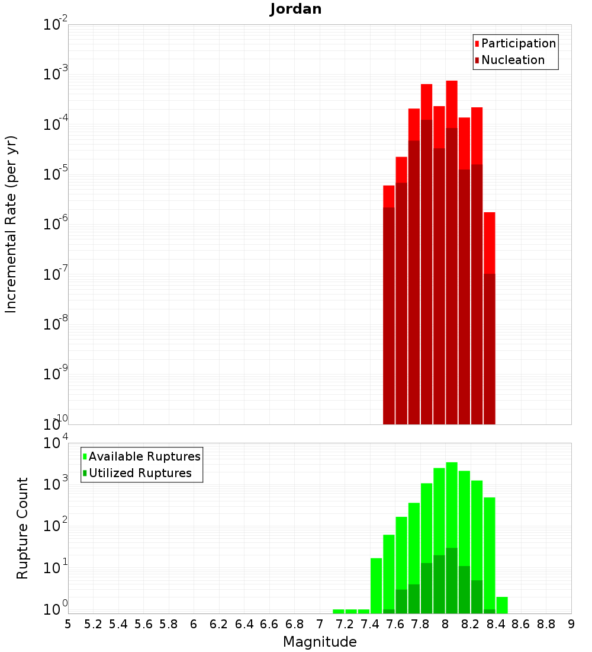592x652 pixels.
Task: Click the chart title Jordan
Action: click(x=295, y=9)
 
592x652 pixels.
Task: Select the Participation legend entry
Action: click(x=518, y=44)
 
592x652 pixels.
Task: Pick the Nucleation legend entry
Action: click(x=512, y=60)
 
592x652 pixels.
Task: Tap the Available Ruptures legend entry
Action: click(x=144, y=456)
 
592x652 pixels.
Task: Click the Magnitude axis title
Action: click(x=320, y=642)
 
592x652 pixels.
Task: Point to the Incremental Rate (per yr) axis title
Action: click(x=11, y=224)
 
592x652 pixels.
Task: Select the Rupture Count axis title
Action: click(x=22, y=528)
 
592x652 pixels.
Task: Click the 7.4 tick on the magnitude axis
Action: click(x=370, y=624)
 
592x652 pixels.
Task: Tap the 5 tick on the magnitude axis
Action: click(x=68, y=624)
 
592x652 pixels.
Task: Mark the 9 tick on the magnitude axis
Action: click(x=571, y=624)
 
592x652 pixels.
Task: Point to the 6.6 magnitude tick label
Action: click(x=269, y=624)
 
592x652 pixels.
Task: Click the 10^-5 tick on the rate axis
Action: click(x=54, y=174)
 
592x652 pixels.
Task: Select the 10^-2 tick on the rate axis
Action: click(x=54, y=25)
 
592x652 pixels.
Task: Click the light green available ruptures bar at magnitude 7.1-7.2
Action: click(x=339, y=611)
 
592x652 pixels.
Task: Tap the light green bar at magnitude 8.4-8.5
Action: click(x=502, y=605)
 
